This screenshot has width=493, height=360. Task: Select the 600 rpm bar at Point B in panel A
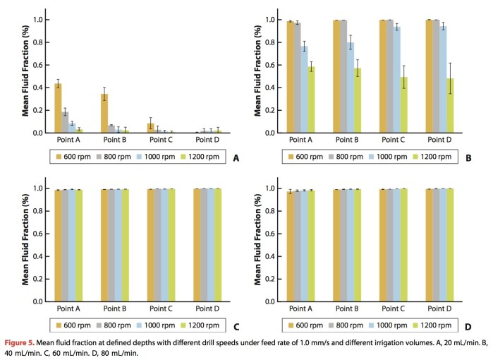click(104, 114)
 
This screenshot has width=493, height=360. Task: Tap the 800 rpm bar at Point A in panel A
click(65, 122)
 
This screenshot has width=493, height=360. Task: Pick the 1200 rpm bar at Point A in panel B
click(311, 100)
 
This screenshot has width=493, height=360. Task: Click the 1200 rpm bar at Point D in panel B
click(450, 105)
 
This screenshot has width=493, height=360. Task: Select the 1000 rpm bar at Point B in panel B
click(351, 88)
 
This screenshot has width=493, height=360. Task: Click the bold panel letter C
click(236, 327)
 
